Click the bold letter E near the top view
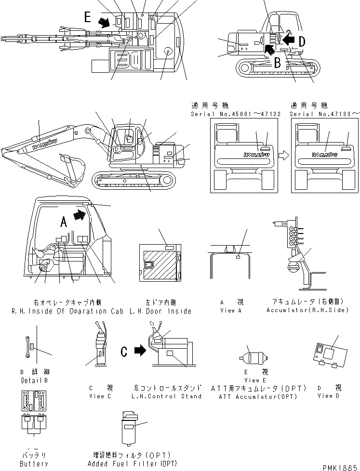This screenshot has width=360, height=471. (x=88, y=17)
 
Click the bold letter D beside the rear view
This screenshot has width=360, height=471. (x=302, y=42)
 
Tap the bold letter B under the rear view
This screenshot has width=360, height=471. (x=278, y=62)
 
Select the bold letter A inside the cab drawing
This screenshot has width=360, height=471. (x=63, y=221)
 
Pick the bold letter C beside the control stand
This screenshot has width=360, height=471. (x=124, y=352)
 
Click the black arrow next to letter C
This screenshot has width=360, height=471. (x=140, y=352)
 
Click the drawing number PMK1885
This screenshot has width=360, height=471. (x=341, y=466)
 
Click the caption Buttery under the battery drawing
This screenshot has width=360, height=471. (x=34, y=464)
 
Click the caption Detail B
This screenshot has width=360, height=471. (x=34, y=380)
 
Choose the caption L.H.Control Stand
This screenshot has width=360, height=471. (x=167, y=396)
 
